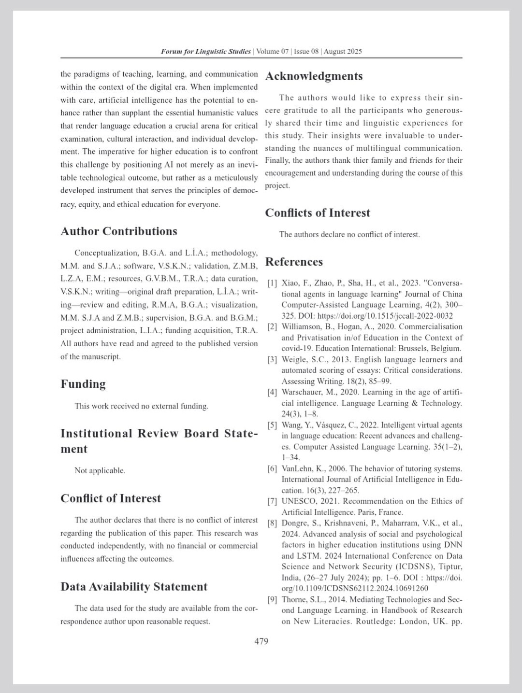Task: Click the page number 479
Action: tap(261, 641)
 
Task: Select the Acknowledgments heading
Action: tap(314, 76)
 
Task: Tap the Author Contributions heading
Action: tap(119, 231)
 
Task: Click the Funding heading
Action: tap(83, 384)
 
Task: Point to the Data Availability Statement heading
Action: tap(134, 587)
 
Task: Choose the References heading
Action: tap(294, 262)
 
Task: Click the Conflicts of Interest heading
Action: tap(318, 213)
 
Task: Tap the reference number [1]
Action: tap(272, 283)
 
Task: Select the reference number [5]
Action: tap(272, 425)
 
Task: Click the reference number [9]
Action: tap(272, 600)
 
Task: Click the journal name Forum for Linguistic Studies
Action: tap(206, 52)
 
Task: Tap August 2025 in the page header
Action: tap(343, 52)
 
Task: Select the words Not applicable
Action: tap(100, 470)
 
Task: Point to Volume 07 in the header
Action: tap(272, 52)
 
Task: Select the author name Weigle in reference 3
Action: tap(294, 360)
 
